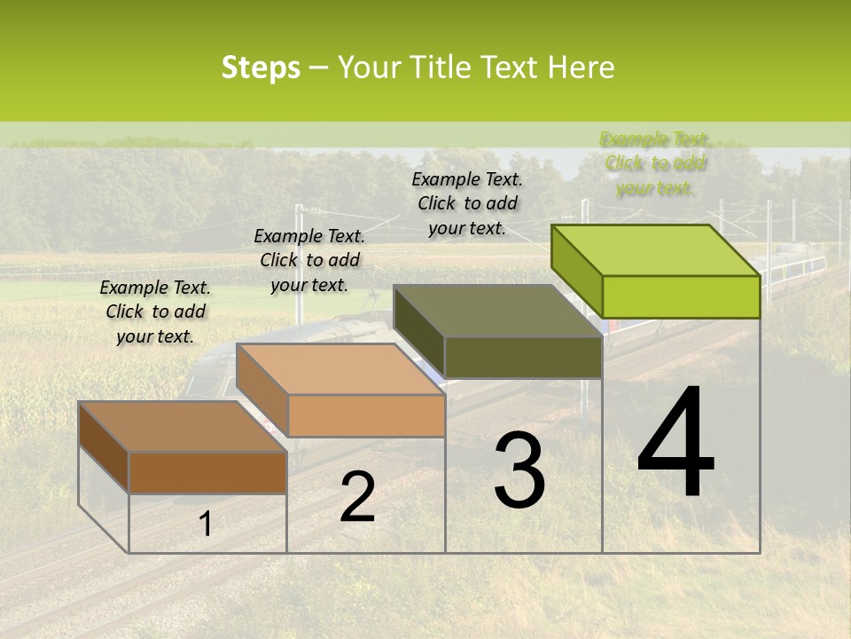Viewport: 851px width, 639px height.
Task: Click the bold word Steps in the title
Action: [261, 67]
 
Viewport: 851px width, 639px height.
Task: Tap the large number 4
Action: [675, 443]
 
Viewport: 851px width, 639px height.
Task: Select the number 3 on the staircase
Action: [519, 471]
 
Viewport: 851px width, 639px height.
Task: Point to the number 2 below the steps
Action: [357, 498]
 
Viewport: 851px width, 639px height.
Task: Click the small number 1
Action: [206, 525]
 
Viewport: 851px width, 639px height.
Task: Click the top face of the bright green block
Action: [656, 249]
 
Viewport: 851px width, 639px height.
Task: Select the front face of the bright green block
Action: [681, 296]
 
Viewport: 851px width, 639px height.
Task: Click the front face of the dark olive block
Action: [523, 357]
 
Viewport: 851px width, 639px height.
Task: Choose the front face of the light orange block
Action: [366, 415]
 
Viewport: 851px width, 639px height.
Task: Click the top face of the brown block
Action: [183, 427]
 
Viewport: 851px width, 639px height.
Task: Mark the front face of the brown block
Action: [207, 472]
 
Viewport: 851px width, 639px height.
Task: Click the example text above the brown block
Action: [155, 312]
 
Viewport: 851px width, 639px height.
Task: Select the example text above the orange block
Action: [309, 260]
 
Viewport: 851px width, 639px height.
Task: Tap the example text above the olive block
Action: [467, 203]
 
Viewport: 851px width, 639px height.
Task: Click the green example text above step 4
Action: [654, 163]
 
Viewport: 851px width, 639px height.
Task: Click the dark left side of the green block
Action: [576, 270]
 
